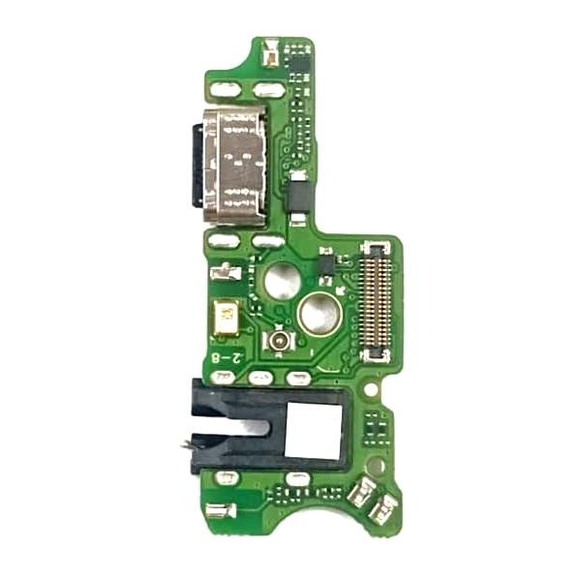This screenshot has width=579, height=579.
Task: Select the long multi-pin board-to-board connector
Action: (x=376, y=300)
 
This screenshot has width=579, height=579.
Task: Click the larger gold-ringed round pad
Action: (x=318, y=314)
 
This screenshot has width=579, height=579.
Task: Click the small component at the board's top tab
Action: (x=272, y=54)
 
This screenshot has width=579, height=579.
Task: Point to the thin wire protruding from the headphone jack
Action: (x=184, y=445)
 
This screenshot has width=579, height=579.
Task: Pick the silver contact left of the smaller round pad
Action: (x=226, y=273)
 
